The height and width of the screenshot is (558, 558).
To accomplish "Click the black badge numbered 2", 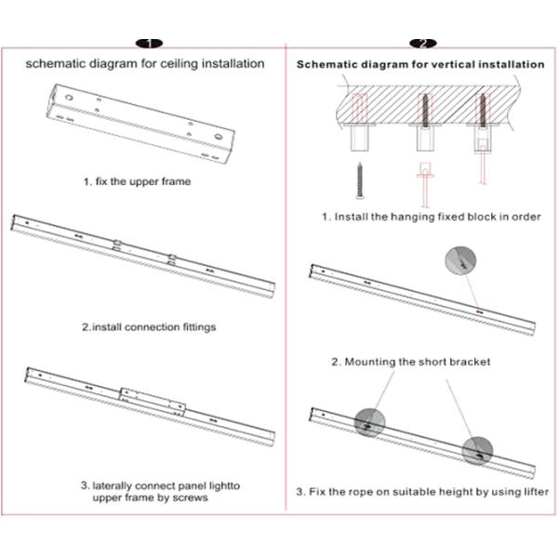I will (x=422, y=43).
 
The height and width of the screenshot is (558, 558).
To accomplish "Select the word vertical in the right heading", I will (x=438, y=65).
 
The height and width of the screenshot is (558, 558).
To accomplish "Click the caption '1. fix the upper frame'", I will (x=136, y=180).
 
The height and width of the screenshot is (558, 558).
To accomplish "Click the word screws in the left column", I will (x=190, y=498).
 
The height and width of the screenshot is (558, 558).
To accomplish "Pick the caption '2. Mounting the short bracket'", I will (x=411, y=361).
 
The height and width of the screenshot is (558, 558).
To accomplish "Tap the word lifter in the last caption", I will (x=531, y=491).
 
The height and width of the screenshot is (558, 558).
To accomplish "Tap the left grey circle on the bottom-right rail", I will (x=368, y=421).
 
